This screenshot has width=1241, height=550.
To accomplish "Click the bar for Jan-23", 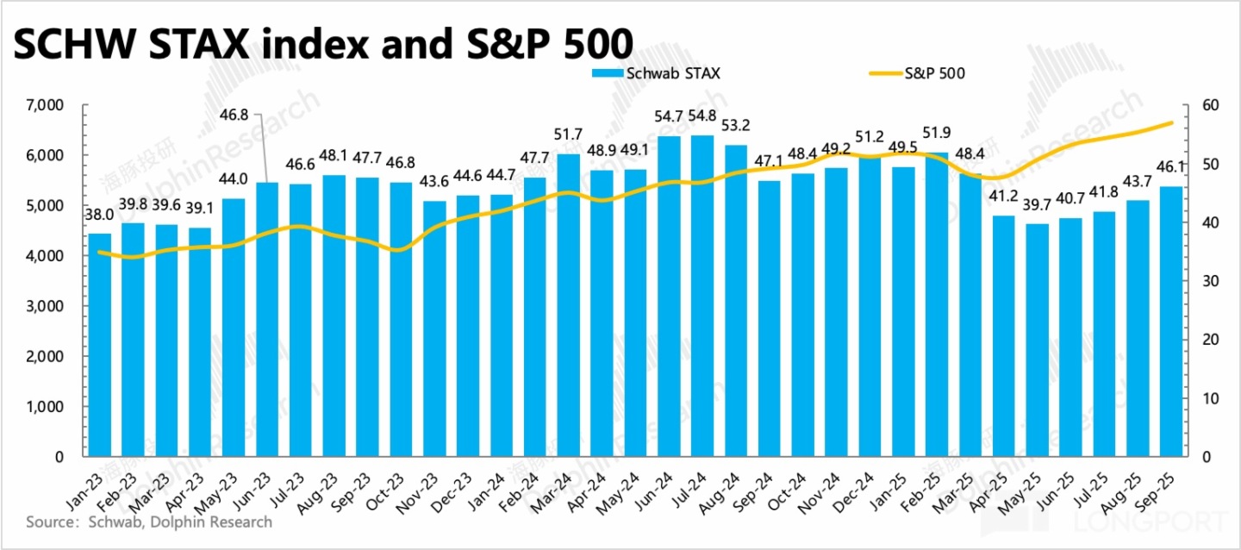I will [x=100, y=345].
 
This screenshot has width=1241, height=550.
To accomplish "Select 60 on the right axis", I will [x=1210, y=105].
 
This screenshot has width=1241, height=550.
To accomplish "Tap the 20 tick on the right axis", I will [x=1210, y=340].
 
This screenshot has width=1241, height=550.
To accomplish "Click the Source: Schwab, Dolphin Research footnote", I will [x=149, y=522].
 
